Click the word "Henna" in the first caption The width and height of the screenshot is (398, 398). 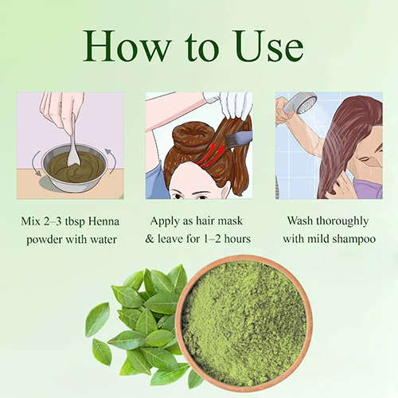pyautogui.click(x=105, y=220)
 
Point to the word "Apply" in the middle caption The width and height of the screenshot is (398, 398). pyautogui.click(x=163, y=220)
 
